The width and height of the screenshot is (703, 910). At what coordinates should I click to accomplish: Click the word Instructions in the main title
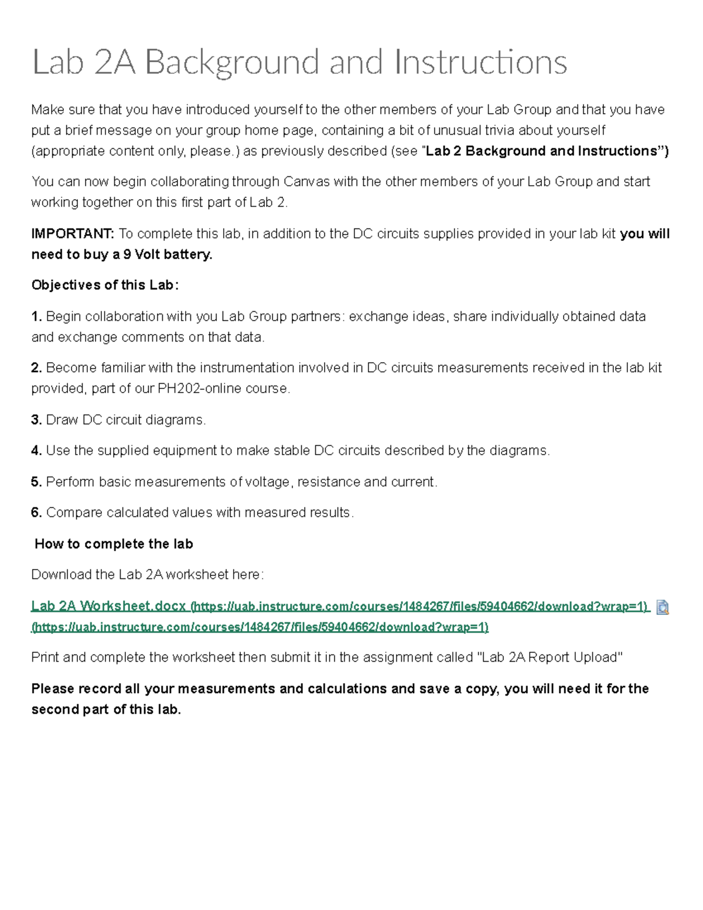(480, 62)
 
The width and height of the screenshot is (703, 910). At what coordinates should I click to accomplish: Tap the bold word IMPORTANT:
(73, 234)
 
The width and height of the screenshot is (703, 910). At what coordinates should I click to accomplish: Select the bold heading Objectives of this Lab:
(105, 285)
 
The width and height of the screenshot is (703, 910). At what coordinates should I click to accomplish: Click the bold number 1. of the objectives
(36, 316)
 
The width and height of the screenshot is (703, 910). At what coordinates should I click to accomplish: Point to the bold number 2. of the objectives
(36, 368)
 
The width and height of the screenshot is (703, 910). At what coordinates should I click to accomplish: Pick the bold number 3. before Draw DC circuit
(36, 420)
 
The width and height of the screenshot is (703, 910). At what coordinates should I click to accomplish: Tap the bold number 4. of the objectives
(36, 451)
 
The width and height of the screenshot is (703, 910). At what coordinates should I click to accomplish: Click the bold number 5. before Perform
(36, 482)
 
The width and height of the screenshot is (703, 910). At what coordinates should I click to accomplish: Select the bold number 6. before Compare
(36, 513)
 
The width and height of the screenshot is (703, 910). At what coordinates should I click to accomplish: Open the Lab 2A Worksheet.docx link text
(108, 606)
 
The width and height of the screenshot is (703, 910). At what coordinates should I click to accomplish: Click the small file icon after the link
(663, 607)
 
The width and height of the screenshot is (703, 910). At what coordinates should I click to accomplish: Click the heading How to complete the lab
(114, 544)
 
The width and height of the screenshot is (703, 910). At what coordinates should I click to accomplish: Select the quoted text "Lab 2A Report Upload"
(550, 657)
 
